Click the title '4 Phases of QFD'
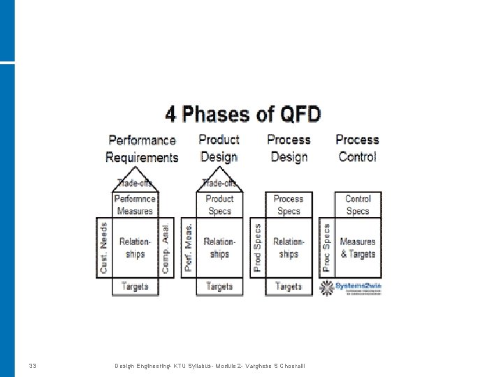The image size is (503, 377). [x=243, y=114]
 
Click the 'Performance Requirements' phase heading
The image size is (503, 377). [x=142, y=149]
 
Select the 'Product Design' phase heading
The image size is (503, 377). [x=219, y=149]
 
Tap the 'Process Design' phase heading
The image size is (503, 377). [x=289, y=149]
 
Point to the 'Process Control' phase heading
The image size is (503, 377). [x=357, y=149]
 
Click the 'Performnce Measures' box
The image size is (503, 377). [x=135, y=205]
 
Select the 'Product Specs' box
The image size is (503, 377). [x=219, y=205]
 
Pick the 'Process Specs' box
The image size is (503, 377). [x=289, y=205]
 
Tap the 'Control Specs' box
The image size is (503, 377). [x=358, y=205]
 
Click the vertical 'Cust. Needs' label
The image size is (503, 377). [x=104, y=247]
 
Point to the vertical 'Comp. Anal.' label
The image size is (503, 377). [x=166, y=247]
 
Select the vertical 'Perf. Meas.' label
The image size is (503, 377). [x=188, y=247]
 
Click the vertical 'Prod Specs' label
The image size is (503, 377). [x=257, y=247]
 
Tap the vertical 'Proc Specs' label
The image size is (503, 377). [x=326, y=247]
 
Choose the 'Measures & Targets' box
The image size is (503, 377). [x=358, y=248]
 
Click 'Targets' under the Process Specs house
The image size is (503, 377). [x=289, y=286]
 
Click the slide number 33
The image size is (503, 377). [x=33, y=366]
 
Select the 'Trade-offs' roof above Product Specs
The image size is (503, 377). [x=219, y=184]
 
